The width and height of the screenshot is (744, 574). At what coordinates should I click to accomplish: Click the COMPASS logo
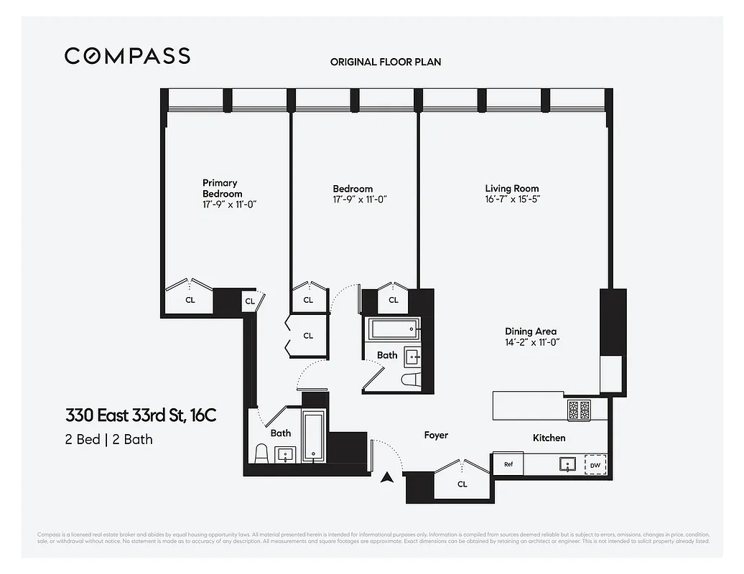pos(127,56)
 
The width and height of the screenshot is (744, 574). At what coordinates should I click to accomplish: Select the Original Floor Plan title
pos(386,62)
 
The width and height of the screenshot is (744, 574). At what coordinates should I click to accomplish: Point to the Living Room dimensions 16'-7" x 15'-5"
pos(512,199)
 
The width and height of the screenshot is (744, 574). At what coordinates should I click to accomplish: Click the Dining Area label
pos(531,331)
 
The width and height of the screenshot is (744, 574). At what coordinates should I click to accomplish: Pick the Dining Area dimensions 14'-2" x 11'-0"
pos(531,342)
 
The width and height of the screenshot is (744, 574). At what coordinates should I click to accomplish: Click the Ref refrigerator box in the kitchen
pos(508,464)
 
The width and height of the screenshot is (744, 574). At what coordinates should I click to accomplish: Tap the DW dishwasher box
pos(595,465)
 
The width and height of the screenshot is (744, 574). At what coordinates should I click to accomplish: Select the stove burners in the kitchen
pos(579,410)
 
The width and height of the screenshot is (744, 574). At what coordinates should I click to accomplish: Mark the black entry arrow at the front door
pos(388,477)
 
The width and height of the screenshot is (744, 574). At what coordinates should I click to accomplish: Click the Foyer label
pos(436,436)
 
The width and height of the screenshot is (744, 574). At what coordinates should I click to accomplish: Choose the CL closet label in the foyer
pos(462,484)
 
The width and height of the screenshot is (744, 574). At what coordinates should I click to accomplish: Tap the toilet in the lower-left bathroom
pos(261,453)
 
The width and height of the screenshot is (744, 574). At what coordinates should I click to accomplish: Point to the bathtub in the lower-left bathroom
pos(314,436)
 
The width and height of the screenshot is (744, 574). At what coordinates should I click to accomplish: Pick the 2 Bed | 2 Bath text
pos(108,439)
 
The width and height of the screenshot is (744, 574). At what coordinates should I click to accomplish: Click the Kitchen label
pos(549,438)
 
